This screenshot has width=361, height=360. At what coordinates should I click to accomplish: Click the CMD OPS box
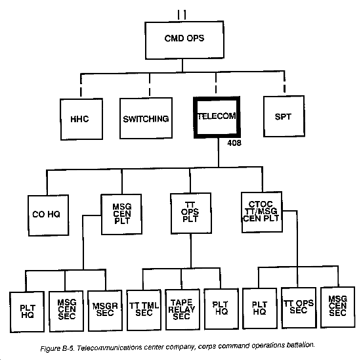[x=184, y=40]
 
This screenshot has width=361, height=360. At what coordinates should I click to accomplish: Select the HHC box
[x=81, y=119]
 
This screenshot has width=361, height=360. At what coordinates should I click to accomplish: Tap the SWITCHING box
[x=146, y=118]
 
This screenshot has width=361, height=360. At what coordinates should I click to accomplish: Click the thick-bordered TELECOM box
[x=217, y=117]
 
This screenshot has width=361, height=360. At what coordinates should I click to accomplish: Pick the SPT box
[x=284, y=116]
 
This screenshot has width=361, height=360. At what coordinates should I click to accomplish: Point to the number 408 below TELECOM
[x=234, y=143]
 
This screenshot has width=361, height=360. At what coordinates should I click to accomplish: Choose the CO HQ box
[x=48, y=215]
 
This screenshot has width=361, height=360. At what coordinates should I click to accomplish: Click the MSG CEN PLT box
[x=121, y=214]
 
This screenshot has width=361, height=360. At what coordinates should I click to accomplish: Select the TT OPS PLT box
[x=191, y=214]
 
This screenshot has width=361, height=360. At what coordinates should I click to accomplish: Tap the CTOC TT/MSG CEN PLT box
[x=262, y=212]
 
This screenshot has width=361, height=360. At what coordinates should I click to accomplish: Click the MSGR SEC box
[x=105, y=311]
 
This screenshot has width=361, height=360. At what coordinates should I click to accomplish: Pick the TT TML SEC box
[x=144, y=309]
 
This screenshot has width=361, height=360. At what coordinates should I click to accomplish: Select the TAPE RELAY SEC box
[x=182, y=309]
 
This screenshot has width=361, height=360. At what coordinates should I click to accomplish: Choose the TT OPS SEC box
[x=299, y=307]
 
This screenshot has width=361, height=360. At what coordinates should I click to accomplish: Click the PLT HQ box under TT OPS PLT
[x=221, y=309]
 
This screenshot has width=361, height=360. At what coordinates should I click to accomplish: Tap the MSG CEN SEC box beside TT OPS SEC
[x=338, y=307]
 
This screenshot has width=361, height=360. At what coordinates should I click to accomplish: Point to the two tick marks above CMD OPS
[x=182, y=15]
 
